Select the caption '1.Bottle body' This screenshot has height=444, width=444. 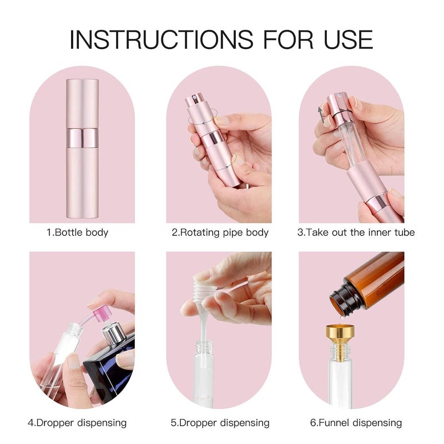(77, 233)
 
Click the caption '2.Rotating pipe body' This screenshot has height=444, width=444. (220, 233)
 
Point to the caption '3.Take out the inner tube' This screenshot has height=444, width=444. (356, 233)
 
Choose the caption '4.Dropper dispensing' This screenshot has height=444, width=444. (77, 423)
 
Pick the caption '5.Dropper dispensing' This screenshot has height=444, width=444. (220, 423)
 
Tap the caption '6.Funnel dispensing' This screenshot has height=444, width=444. (356, 423)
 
